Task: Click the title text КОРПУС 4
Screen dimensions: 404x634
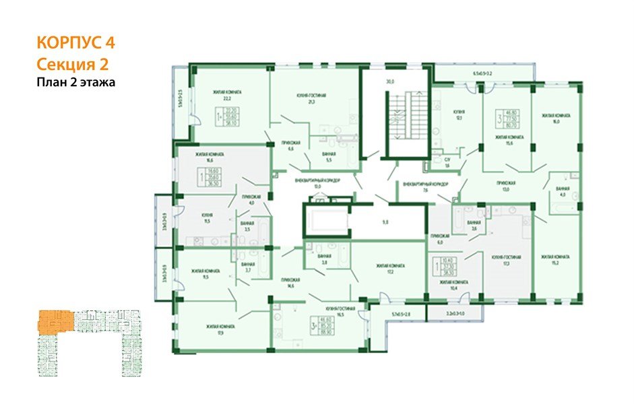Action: pos(75,43)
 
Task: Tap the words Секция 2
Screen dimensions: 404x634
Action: pos(72,64)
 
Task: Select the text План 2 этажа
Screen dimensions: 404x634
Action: pos(76,83)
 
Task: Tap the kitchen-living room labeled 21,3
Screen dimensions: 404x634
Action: pos(311,100)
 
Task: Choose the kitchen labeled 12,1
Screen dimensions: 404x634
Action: pos(458,114)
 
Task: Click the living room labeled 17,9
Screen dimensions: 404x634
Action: pos(221,329)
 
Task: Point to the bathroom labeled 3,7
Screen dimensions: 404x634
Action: pos(248,267)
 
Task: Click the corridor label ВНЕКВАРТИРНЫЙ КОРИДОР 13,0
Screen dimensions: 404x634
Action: pos(318,183)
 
